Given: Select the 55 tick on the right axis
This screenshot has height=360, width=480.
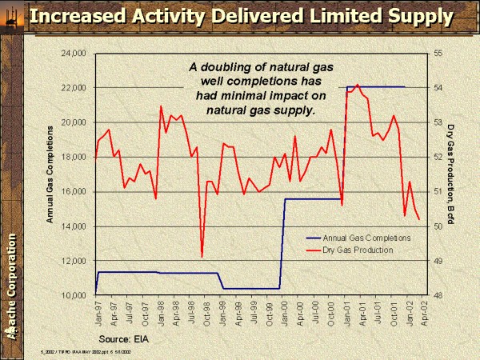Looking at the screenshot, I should (x=438, y=54).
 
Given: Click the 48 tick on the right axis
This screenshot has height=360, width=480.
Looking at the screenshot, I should (x=438, y=295).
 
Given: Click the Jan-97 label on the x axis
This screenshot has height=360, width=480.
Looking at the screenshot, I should (x=97, y=310).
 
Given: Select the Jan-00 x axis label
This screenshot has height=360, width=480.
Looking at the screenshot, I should (x=286, y=310).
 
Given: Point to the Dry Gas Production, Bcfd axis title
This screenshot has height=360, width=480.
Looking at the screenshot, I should (x=451, y=174).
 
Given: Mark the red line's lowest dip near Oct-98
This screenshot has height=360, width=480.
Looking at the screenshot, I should (x=202, y=257).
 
